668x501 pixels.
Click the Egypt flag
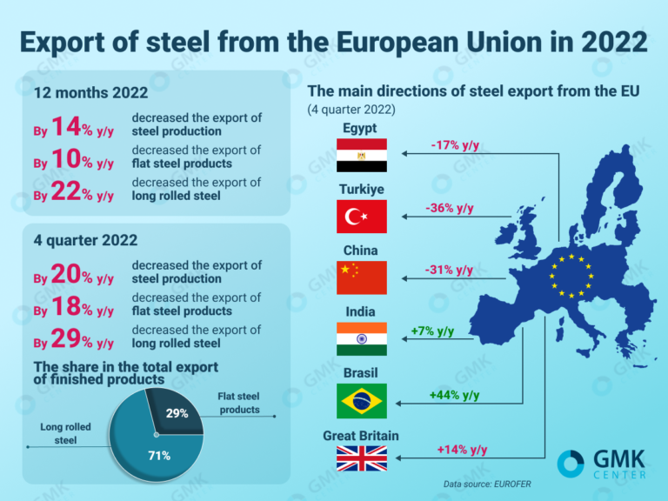[362, 155]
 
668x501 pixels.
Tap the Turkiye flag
[362, 216]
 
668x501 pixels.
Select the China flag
[362, 277]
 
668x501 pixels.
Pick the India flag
[362, 338]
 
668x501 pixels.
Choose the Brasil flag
[362, 401]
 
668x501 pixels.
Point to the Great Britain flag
[362, 458]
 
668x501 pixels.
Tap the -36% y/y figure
[450, 209]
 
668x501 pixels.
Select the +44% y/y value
[454, 395]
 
